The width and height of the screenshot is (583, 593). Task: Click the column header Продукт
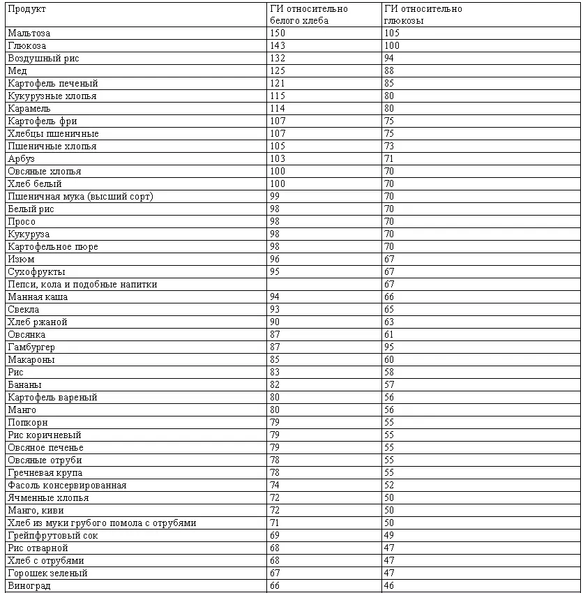pyautogui.click(x=26, y=9)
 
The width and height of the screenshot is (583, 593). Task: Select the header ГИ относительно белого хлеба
pyautogui.click(x=308, y=15)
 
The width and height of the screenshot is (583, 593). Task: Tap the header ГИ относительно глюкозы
pyautogui.click(x=423, y=15)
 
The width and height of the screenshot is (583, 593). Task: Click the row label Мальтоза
pyautogui.click(x=29, y=33)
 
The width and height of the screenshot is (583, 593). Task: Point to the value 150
pyautogui.click(x=278, y=33)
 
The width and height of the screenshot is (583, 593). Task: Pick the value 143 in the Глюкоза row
pyautogui.click(x=278, y=45)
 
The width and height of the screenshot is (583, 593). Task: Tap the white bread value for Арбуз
pyautogui.click(x=278, y=158)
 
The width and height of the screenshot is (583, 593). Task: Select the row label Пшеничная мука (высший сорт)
pyautogui.click(x=80, y=196)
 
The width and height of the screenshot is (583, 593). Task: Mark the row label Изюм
pyautogui.click(x=21, y=259)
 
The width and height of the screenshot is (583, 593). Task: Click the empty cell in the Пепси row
pyautogui.click(x=324, y=284)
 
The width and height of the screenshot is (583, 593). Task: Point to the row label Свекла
pyautogui.click(x=23, y=309)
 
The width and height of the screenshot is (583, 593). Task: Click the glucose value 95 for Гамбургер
pyautogui.click(x=389, y=347)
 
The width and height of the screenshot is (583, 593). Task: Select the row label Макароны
pyautogui.click(x=31, y=359)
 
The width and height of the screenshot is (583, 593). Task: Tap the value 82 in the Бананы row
pyautogui.click(x=275, y=384)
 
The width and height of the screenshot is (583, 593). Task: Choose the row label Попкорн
pyautogui.click(x=28, y=422)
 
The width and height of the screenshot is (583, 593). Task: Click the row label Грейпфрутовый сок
pyautogui.click(x=53, y=535)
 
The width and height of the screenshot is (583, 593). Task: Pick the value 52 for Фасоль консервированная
pyautogui.click(x=389, y=485)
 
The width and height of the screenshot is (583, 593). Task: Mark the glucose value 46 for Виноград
pyautogui.click(x=389, y=585)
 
